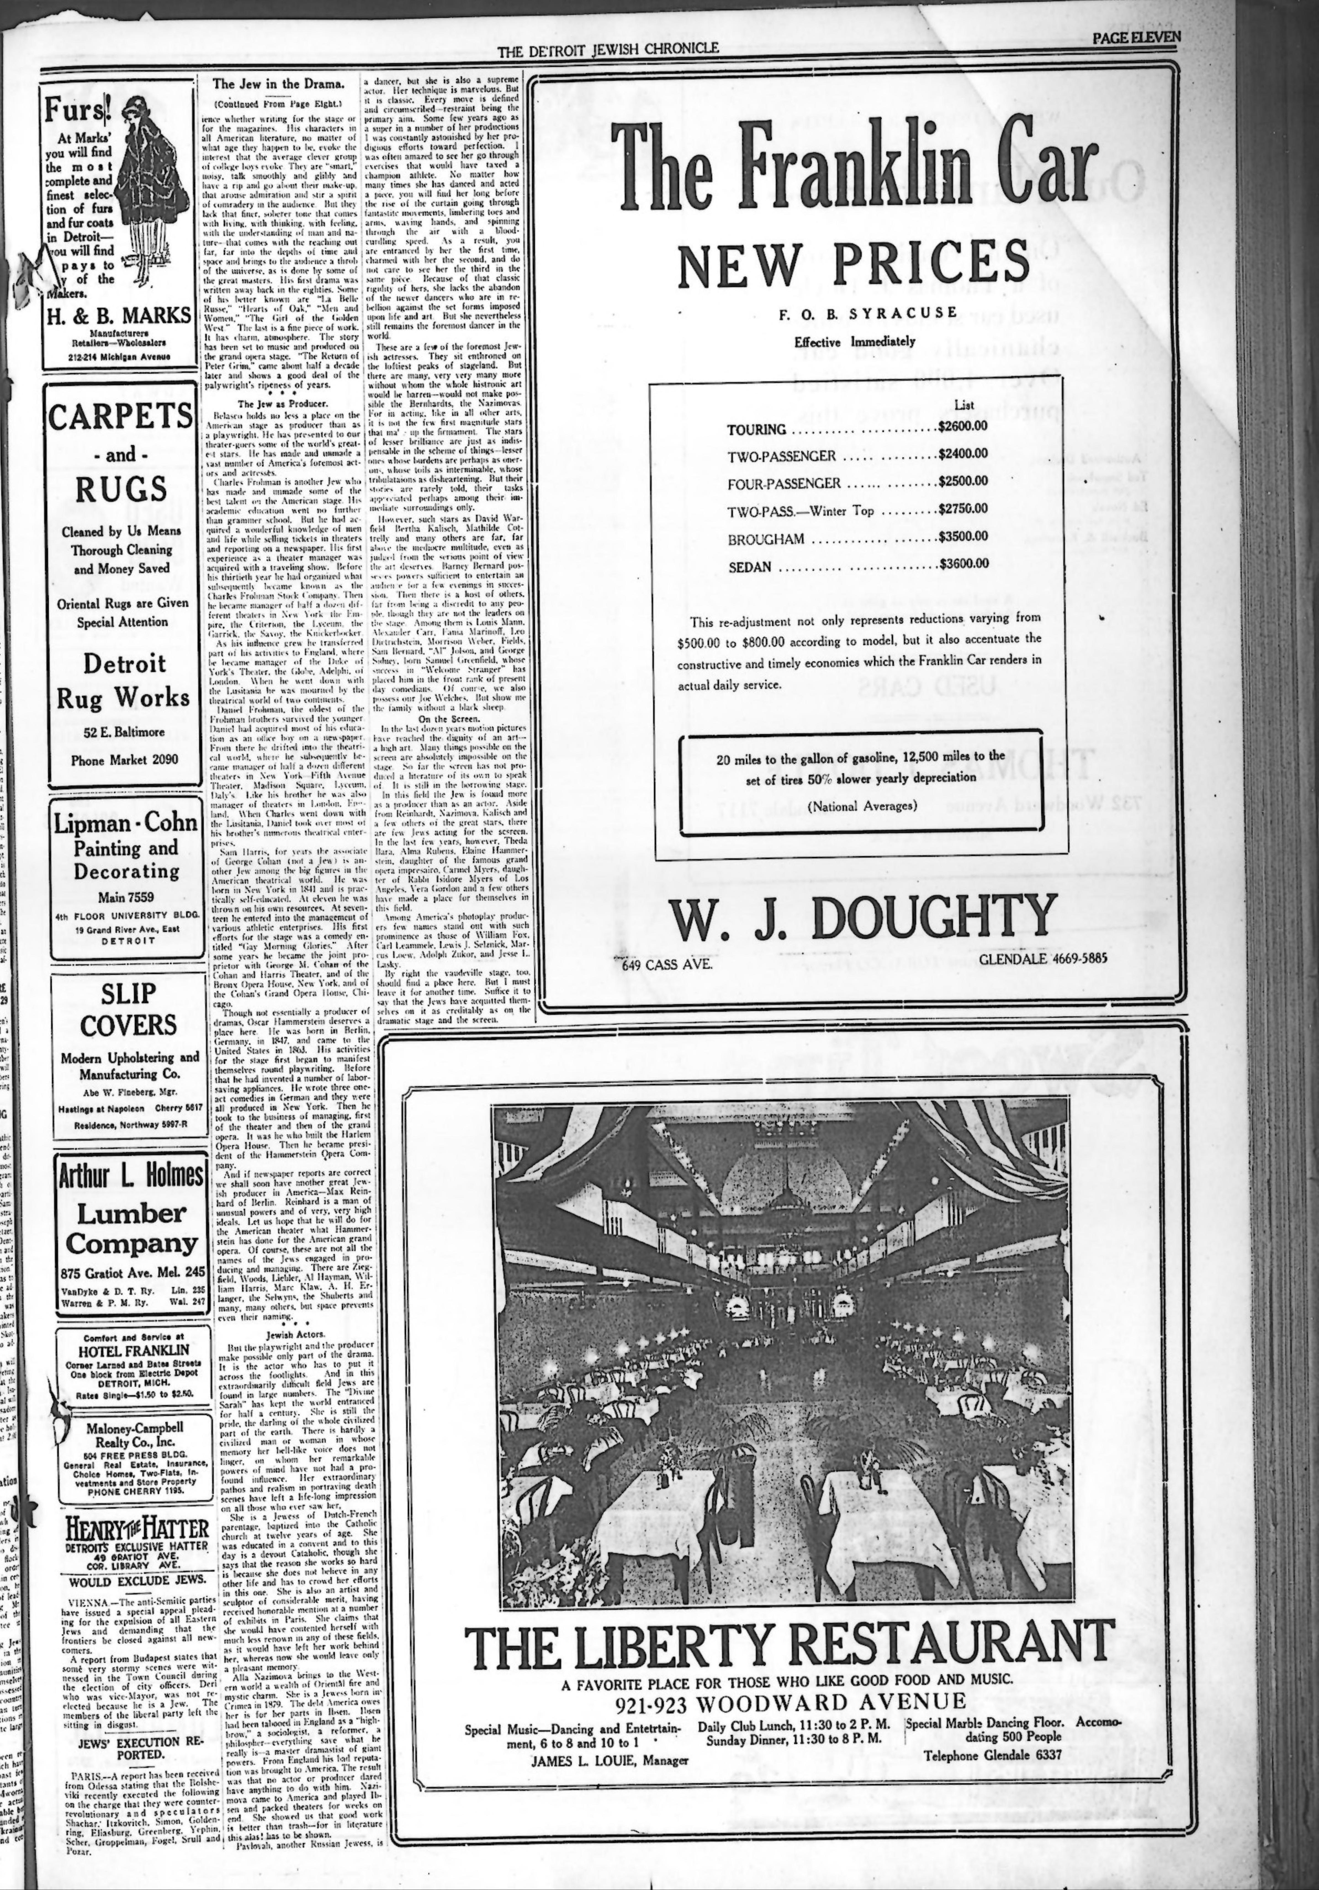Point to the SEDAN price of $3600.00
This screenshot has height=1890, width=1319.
(x=963, y=565)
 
